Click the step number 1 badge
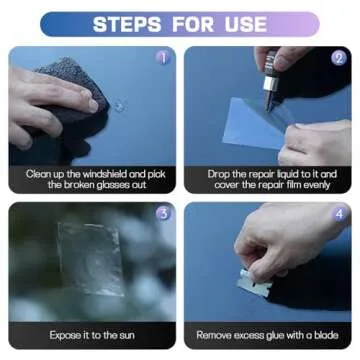coord(163,58)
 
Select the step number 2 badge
coord(338,58)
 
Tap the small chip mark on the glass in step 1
coord(120,104)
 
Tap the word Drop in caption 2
coord(221,173)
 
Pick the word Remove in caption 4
coord(216,335)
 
